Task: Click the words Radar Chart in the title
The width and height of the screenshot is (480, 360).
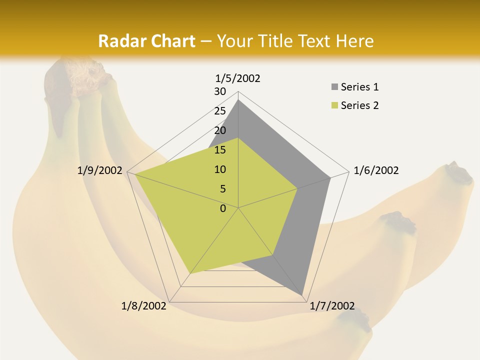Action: [x=146, y=41]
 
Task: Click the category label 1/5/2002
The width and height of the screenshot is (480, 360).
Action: [x=238, y=78]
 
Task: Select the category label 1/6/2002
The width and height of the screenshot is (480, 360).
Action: [x=376, y=170]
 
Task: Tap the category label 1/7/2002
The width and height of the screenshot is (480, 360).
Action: [x=332, y=306]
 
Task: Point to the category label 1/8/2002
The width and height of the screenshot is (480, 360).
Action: [x=144, y=306]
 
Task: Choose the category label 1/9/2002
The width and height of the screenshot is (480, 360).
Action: [x=100, y=170]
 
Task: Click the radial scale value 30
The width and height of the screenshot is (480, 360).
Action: [x=220, y=91]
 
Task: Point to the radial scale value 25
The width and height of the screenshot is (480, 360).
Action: [x=220, y=111]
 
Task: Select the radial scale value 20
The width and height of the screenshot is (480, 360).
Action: [x=220, y=130]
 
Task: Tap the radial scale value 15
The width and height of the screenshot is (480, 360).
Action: [x=220, y=150]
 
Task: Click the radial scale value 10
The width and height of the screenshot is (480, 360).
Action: [x=220, y=169]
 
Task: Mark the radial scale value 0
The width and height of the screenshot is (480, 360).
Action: [x=223, y=208]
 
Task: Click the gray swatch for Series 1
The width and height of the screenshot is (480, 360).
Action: [x=334, y=87]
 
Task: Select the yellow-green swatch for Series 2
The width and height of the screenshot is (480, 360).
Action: [x=334, y=105]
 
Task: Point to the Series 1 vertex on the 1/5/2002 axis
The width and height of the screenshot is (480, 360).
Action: [x=238, y=100]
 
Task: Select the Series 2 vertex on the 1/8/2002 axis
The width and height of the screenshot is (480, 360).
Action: [x=190, y=273]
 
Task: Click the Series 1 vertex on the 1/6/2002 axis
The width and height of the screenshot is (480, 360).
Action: [x=330, y=177]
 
